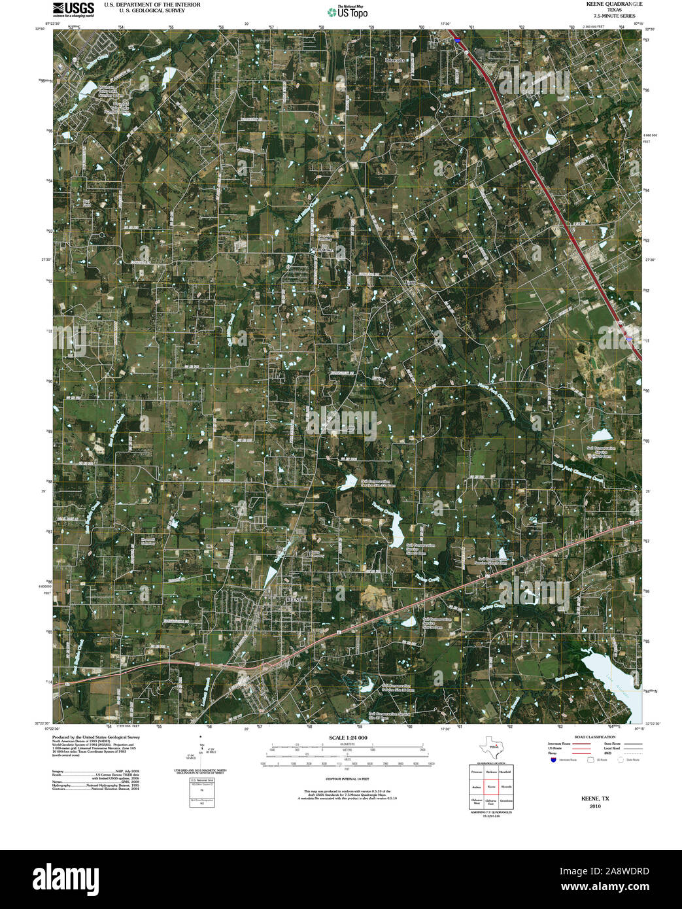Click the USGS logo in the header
73,9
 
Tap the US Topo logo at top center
348,12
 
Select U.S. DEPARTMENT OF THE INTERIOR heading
147,4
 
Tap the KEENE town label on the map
296,598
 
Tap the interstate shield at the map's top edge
457,40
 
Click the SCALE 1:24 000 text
349,738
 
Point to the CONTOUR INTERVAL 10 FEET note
347,780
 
